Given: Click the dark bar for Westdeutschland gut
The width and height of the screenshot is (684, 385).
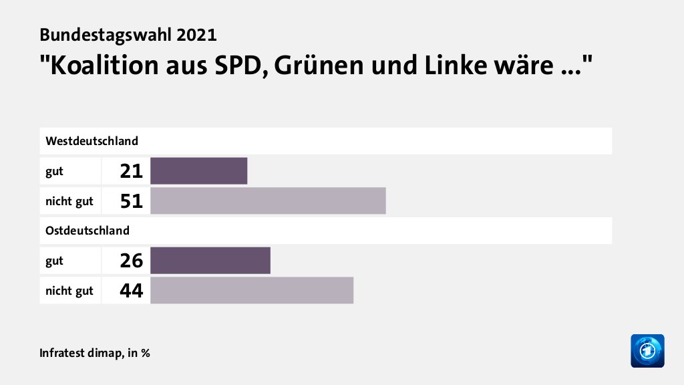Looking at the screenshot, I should click(199, 170).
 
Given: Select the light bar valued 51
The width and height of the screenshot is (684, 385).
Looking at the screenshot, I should click(268, 201).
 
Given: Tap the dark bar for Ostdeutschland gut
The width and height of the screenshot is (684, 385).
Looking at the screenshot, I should click(210, 260).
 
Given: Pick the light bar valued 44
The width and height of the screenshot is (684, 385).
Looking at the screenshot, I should click(252, 290).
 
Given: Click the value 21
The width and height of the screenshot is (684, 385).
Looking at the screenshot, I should click(132, 171).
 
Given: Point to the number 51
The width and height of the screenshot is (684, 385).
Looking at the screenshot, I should click(132, 201).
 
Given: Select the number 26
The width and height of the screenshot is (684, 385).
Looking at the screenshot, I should click(132, 261).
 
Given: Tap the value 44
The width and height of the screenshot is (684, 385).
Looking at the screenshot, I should click(132, 290).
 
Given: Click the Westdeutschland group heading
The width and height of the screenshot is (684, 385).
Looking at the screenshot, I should click(92, 141).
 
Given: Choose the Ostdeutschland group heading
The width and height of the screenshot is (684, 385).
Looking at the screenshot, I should click(88, 231).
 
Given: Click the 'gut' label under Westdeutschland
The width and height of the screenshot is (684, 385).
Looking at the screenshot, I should click(54, 171).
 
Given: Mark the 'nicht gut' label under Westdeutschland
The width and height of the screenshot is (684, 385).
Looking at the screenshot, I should click(69, 201).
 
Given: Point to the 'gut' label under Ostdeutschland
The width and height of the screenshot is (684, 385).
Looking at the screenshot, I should click(54, 261).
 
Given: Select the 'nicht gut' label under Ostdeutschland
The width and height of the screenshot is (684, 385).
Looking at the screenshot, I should click(69, 290).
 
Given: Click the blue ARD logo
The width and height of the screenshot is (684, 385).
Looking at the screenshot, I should click(647, 350).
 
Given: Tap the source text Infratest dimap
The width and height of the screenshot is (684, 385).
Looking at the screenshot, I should click(80, 352).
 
